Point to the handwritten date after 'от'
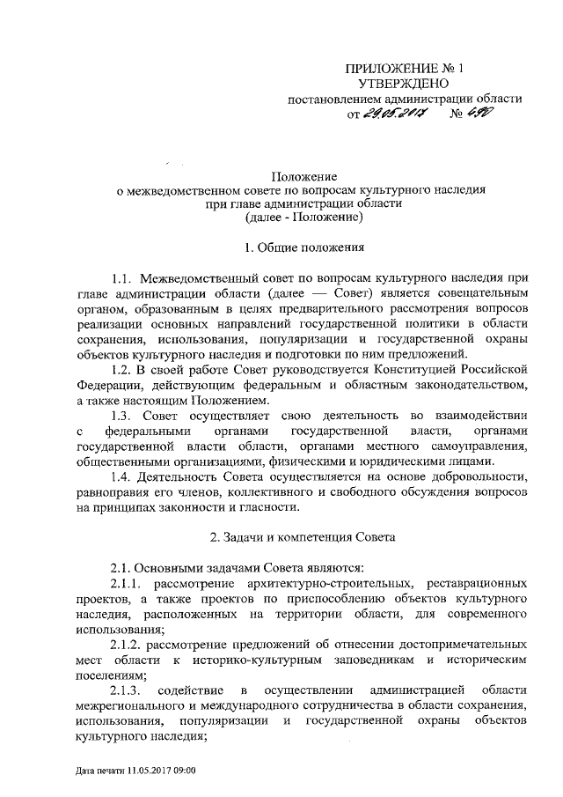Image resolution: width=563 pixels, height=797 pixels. (x=392, y=114)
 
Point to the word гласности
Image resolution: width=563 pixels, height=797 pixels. (x=272, y=506)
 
